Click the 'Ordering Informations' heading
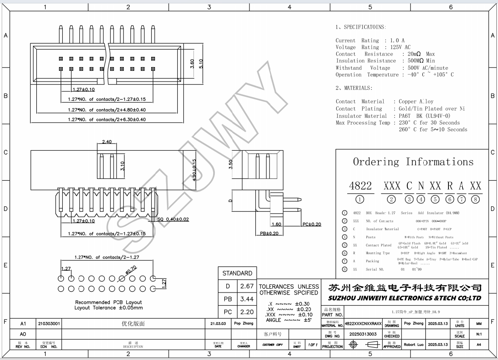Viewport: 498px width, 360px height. point(413,162)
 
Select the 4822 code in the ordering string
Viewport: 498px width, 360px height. point(360,186)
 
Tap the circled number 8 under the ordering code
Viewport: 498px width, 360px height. point(475,199)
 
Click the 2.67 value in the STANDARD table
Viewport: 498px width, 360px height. point(247,286)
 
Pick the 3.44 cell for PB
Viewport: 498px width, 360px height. point(247,299)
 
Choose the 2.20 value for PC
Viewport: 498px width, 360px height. point(247,312)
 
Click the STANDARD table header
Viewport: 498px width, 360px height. point(237,273)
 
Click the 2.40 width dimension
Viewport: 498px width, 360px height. point(107,142)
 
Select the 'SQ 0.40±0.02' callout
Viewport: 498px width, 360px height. point(173,219)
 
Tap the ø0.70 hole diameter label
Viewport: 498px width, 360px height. point(131,269)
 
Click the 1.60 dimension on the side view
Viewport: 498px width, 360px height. point(276,224)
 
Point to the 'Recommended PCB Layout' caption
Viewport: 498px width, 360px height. point(108,302)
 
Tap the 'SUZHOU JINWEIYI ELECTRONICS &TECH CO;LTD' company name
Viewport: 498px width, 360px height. point(404,298)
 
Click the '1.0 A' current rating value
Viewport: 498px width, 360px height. point(397,41)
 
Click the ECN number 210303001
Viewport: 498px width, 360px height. point(49,324)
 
